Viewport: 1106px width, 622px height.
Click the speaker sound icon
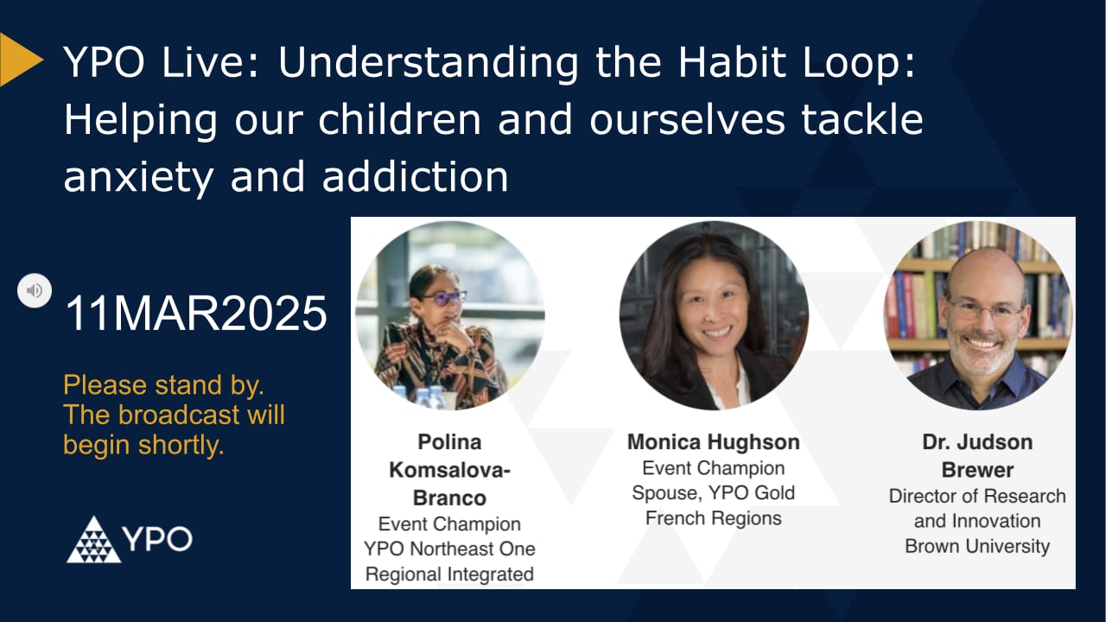35,290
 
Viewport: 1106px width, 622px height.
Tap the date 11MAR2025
196,314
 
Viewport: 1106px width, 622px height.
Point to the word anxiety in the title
139,176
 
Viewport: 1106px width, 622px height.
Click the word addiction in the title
415,176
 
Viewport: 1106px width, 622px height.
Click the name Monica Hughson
713,442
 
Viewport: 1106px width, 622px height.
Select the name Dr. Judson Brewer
977,455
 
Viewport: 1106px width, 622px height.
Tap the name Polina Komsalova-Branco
450,469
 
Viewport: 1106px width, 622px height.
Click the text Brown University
977,546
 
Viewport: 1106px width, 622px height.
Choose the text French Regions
713,518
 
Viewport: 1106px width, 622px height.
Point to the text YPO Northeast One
450,549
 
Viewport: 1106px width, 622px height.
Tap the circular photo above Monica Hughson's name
714,316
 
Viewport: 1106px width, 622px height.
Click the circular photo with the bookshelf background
977,316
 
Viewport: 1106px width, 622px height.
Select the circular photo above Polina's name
450,316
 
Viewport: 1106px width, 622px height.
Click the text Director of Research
977,496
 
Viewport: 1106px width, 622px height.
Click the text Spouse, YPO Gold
713,493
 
